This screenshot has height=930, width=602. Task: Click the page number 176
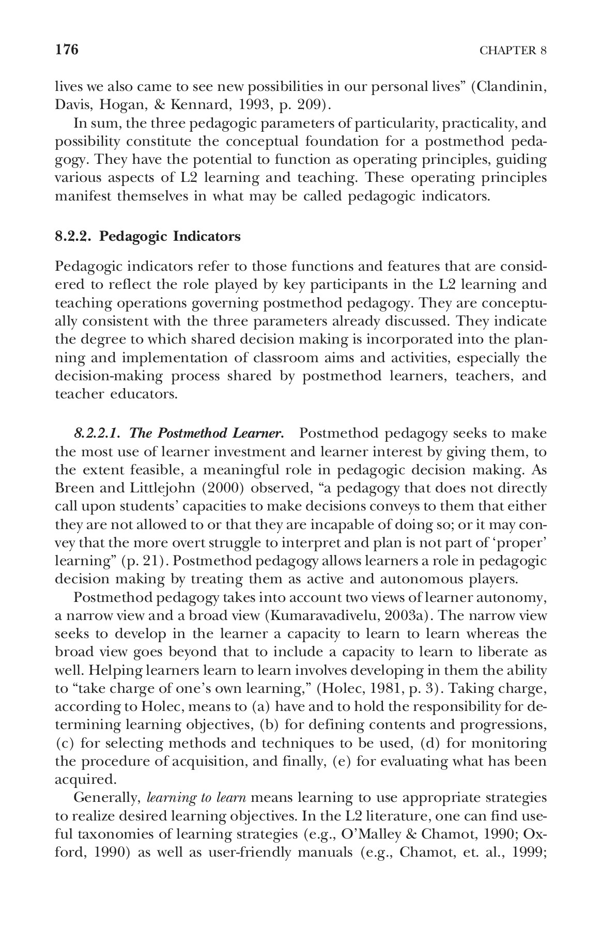point(66,50)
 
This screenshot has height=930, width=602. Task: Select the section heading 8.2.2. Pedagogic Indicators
point(148,237)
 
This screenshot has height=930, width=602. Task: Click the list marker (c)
point(65,743)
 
